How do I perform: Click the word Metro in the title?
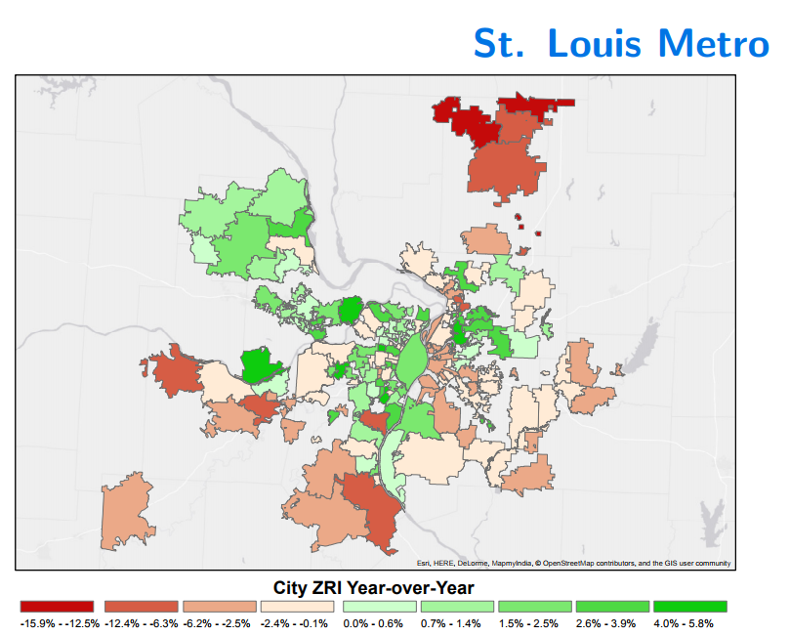tap(714, 43)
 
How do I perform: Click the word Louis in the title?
tap(594, 43)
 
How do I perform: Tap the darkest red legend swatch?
tap(57, 606)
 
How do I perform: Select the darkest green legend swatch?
tap(689, 606)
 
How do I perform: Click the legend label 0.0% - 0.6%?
tap(373, 623)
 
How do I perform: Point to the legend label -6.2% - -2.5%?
tap(217, 623)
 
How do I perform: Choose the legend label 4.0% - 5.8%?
tap(684, 623)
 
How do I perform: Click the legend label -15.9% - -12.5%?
tap(60, 623)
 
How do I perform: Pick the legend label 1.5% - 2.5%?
tap(528, 623)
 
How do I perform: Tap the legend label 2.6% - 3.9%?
tap(605, 623)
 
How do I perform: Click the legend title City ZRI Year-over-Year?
tap(373, 587)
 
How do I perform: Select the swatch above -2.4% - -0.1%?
tap(297, 606)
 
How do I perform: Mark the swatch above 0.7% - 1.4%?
tap(457, 606)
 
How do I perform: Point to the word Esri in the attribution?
tap(423, 563)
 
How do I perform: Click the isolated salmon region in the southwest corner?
tap(127, 512)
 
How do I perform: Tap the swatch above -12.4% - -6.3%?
tap(142, 606)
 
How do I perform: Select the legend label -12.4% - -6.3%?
tap(141, 623)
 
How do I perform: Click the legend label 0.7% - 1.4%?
tap(450, 623)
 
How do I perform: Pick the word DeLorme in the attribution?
tap(473, 563)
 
